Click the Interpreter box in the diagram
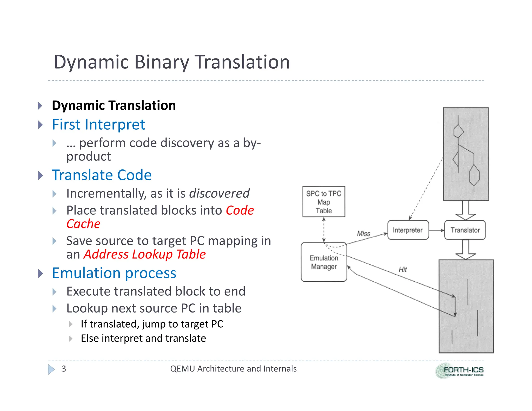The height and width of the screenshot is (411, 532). [408, 230]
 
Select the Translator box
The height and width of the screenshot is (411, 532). [465, 230]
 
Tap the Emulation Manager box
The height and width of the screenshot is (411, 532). [324, 262]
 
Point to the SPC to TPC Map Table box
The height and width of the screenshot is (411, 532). [324, 202]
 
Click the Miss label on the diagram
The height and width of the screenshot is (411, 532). [363, 233]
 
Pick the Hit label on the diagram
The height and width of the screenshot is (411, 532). [402, 269]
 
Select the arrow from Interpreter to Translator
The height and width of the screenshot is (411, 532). [436, 230]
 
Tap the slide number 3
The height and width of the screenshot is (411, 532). [64, 369]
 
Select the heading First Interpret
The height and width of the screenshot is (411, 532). [98, 124]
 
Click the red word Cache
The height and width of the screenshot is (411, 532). [83, 224]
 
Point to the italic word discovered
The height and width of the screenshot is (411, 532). [219, 193]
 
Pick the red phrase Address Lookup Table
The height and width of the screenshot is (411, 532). [144, 254]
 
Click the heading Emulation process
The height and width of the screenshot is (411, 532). [114, 273]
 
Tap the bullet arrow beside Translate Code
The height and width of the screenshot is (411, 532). [41, 175]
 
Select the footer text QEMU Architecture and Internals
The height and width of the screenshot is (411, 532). [233, 369]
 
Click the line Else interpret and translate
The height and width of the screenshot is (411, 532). [143, 338]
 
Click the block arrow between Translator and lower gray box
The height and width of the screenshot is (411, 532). [465, 249]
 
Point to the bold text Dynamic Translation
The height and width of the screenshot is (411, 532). [114, 105]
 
